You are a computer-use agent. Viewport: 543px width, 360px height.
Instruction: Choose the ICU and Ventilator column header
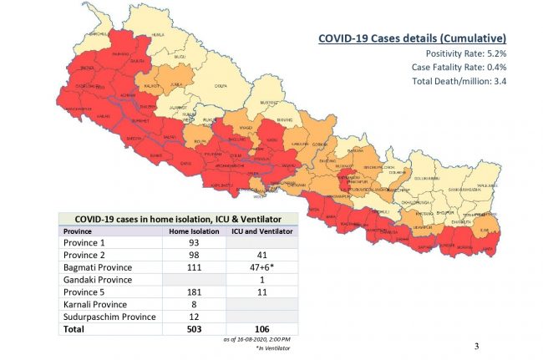tap(262, 231)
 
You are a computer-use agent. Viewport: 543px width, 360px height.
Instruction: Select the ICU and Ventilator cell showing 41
tap(261, 254)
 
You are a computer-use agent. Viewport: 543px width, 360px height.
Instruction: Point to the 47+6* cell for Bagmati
tap(261, 266)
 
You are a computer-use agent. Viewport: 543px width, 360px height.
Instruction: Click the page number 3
tap(476, 345)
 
